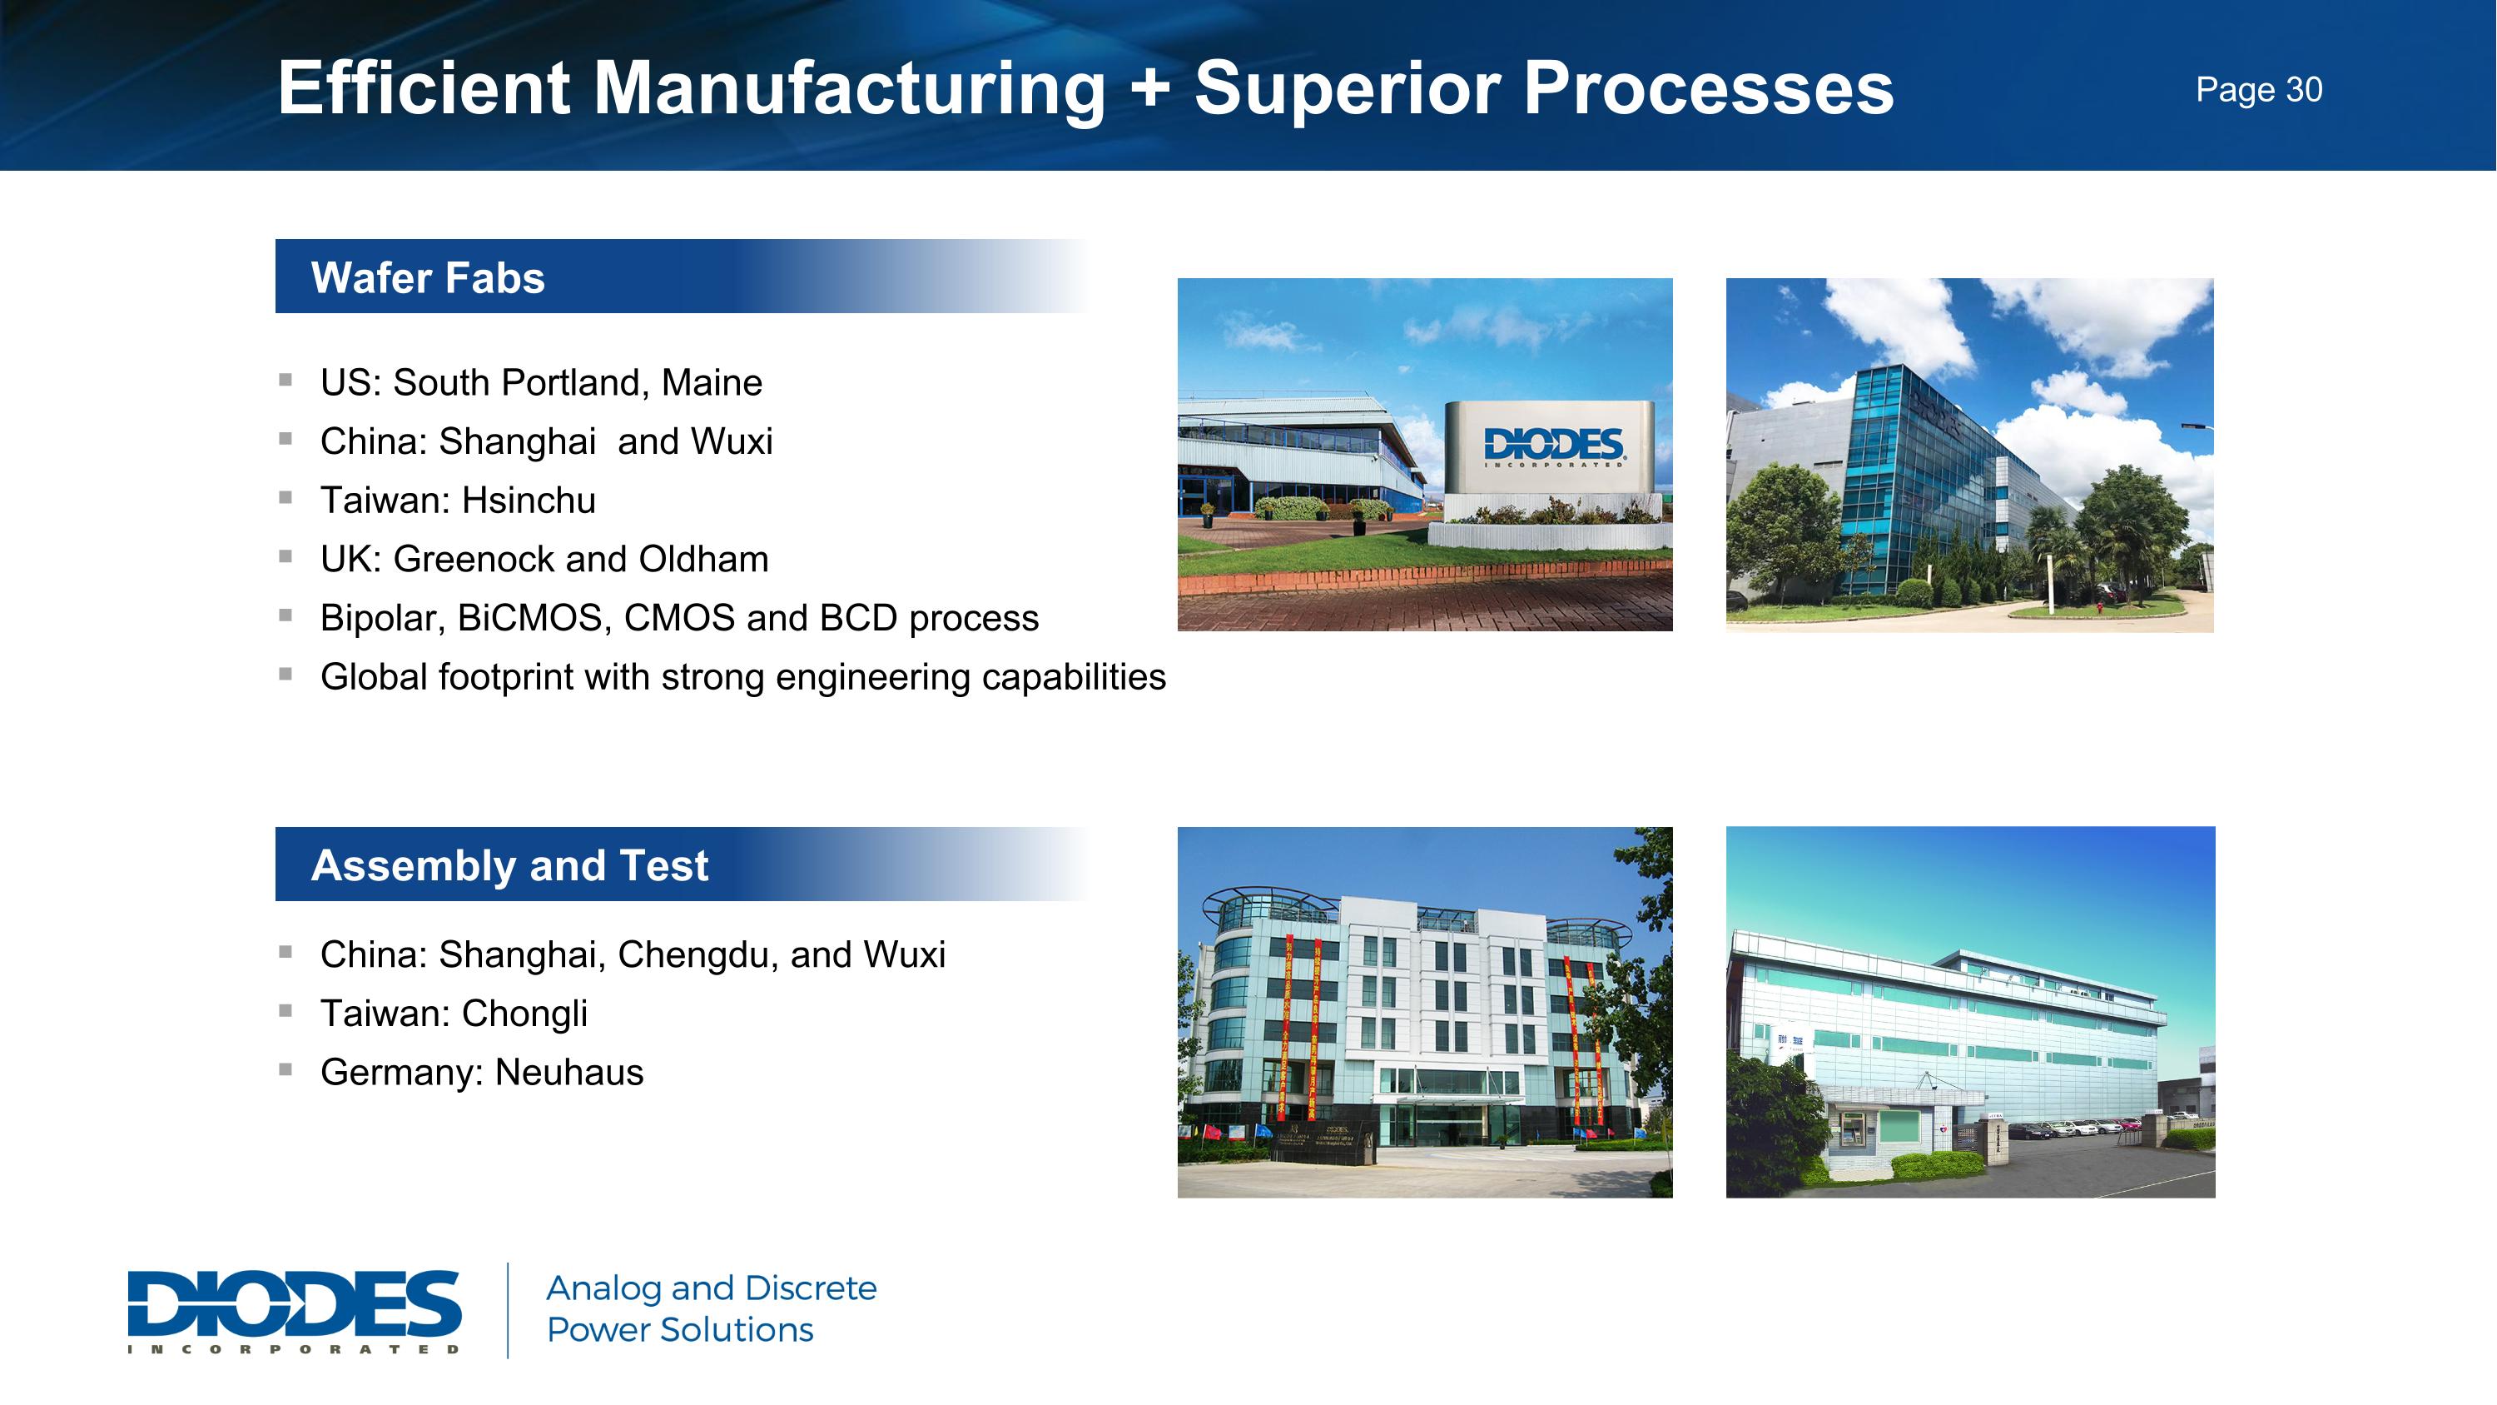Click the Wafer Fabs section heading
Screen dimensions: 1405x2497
428,277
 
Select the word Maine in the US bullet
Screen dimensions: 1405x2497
712,383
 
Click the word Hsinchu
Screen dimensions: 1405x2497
529,501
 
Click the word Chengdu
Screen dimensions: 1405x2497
697,955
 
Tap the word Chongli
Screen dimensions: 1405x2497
524,1014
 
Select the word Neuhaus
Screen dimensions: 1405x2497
569,1074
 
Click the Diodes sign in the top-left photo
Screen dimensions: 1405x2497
1553,448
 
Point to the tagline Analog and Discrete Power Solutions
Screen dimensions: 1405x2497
711,1309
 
